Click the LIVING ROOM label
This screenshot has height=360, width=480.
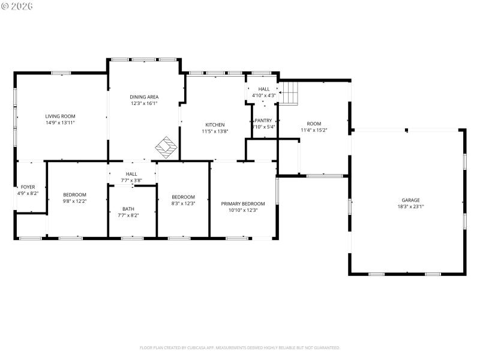click(x=60, y=116)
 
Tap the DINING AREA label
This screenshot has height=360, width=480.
click(x=144, y=97)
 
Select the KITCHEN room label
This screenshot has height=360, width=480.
click(x=214, y=125)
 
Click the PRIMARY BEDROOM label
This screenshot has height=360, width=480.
click(x=243, y=203)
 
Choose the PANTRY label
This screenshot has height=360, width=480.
click(x=263, y=120)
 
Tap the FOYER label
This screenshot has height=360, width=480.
click(x=28, y=187)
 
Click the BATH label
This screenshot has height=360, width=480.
click(x=128, y=209)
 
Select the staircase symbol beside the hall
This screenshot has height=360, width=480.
click(x=290, y=93)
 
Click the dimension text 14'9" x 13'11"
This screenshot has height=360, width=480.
click(x=60, y=122)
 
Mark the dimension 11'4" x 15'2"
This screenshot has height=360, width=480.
click(x=314, y=130)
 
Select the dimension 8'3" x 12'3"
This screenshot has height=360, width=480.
click(x=183, y=203)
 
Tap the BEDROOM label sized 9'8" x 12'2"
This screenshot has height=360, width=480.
click(x=75, y=194)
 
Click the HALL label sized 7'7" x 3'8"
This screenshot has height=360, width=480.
click(x=131, y=173)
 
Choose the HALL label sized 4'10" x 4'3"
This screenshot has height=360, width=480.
click(x=264, y=89)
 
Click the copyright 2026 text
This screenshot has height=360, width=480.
click(x=18, y=5)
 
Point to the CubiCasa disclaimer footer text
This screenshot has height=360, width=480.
click(x=240, y=347)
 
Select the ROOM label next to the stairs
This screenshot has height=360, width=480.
click(x=314, y=124)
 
